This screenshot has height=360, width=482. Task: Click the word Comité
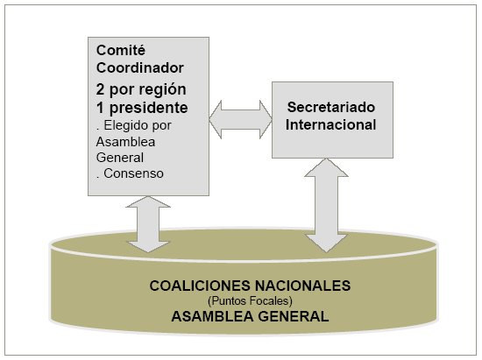121,51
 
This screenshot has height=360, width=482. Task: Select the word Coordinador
140,68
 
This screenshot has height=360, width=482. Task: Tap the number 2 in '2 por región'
100,89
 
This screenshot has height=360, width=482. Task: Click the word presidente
148,108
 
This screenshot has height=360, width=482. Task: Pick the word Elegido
123,125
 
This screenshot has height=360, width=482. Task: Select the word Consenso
133,173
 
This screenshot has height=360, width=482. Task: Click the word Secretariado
331,107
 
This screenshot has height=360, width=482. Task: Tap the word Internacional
330,124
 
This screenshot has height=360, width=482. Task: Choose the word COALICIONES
200,286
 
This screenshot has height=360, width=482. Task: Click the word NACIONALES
303,286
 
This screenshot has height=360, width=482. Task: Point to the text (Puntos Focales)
250,301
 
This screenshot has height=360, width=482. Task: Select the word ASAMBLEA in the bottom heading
212,316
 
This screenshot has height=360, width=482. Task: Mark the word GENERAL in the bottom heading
294,316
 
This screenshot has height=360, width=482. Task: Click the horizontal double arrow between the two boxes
240,119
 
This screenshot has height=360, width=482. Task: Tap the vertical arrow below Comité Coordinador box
148,224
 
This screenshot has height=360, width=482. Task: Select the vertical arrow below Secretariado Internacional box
326,206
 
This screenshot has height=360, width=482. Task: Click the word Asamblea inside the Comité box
125,142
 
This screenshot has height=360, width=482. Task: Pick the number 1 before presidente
100,108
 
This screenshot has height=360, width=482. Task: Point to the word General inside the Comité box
120,158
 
